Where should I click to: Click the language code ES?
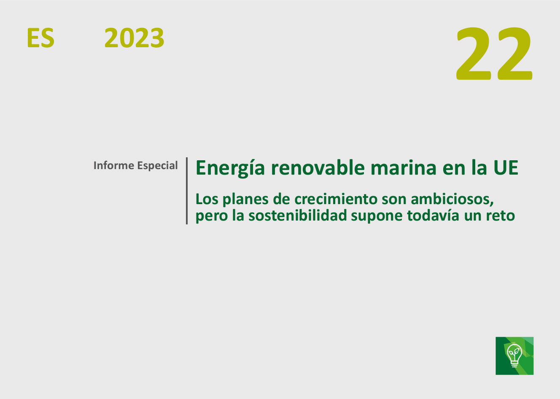click(x=40, y=38)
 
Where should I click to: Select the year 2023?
click(x=134, y=38)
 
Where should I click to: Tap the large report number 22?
click(x=494, y=54)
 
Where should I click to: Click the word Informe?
click(x=114, y=165)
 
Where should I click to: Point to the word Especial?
click(x=158, y=166)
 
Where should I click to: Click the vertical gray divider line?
click(x=187, y=191)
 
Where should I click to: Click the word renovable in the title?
click(x=318, y=168)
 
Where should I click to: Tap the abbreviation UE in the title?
click(x=506, y=168)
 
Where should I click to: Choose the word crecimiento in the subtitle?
click(x=336, y=199)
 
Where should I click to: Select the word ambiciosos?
click(x=452, y=199)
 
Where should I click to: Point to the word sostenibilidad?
click(x=298, y=216)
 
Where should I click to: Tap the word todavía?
click(x=433, y=216)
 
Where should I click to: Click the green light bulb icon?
click(x=514, y=356)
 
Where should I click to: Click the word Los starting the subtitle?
click(x=207, y=199)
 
